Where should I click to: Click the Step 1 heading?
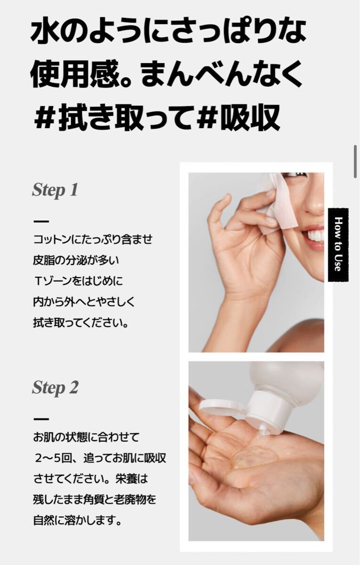[x=55, y=190]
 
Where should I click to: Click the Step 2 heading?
[x=55, y=388]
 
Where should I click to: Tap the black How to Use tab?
[x=338, y=245]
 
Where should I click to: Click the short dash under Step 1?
[x=41, y=221]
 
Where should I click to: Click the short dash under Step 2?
[x=41, y=419]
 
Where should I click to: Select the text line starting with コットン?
[x=93, y=239]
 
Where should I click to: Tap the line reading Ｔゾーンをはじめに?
[x=78, y=281]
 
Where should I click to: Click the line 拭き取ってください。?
[x=81, y=323]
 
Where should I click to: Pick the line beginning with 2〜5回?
[x=100, y=458]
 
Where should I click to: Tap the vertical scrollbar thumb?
[x=355, y=161]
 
